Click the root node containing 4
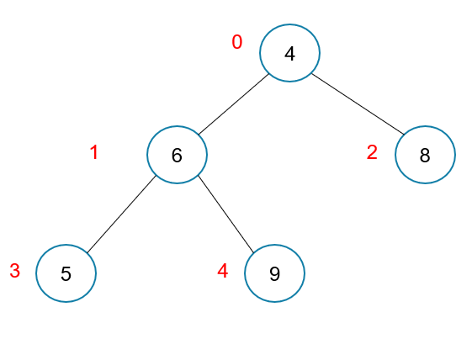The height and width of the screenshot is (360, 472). coord(289,53)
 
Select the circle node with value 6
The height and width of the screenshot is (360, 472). coord(177,155)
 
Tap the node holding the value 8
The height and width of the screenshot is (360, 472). coord(425,155)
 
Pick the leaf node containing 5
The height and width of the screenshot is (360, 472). coord(66,273)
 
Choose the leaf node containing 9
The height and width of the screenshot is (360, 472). coord(274,273)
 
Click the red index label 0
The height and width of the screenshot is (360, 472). coord(237,42)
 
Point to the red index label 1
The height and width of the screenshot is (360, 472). coord(94,152)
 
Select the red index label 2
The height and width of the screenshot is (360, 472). coord(372,152)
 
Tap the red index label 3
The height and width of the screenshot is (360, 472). coord(15,271)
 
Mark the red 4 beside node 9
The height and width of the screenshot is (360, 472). coord(223,271)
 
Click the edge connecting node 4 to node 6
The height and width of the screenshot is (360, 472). coord(233,104)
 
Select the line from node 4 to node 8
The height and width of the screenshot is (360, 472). coord(358,103)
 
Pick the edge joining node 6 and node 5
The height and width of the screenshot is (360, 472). coord(121,214)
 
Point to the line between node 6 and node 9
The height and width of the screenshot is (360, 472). coord(225,214)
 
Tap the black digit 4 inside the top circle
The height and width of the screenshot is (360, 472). coord(289,54)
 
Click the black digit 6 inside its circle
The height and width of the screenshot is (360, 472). coord(177,156)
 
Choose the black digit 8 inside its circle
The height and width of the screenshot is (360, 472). coord(425,156)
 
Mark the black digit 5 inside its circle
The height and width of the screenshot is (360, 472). coord(66,274)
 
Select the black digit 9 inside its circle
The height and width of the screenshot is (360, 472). coord(274,274)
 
